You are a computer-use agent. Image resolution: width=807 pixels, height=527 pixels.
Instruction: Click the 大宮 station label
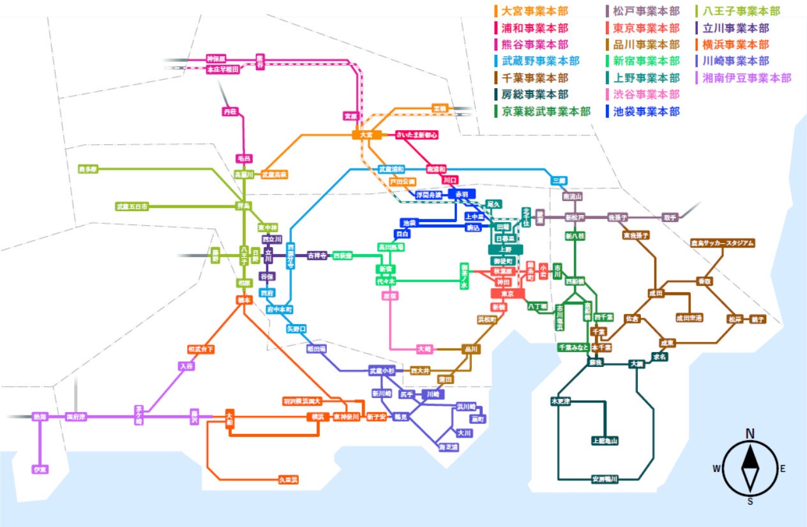[366, 135]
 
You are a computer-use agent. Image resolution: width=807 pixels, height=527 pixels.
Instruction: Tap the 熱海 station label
[40, 417]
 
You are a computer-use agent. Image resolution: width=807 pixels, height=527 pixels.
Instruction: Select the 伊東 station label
[40, 470]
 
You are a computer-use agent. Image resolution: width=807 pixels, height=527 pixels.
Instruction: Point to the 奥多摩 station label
[87, 169]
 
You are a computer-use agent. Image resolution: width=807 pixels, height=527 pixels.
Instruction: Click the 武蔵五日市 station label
[133, 207]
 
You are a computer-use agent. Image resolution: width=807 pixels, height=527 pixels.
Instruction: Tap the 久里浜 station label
[288, 479]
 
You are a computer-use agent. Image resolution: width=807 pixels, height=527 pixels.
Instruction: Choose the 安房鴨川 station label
[605, 479]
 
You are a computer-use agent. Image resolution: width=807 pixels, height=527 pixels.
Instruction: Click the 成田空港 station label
[690, 317]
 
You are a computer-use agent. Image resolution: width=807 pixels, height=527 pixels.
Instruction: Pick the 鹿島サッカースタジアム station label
[723, 243]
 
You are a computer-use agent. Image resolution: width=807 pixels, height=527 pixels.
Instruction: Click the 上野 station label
[506, 249]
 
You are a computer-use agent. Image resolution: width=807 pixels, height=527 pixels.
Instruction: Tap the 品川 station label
[471, 349]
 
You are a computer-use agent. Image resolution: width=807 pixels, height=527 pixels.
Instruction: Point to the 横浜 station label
[317, 417]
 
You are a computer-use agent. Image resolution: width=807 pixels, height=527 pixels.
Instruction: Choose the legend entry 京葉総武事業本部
[545, 111]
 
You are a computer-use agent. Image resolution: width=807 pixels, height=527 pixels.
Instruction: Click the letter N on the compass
[750, 434]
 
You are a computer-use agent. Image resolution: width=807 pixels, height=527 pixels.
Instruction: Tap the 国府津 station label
[76, 417]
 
